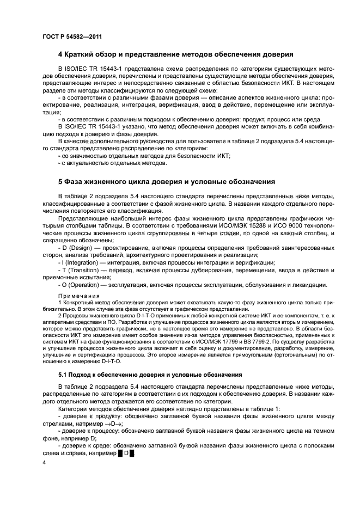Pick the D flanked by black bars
coord(126,453)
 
